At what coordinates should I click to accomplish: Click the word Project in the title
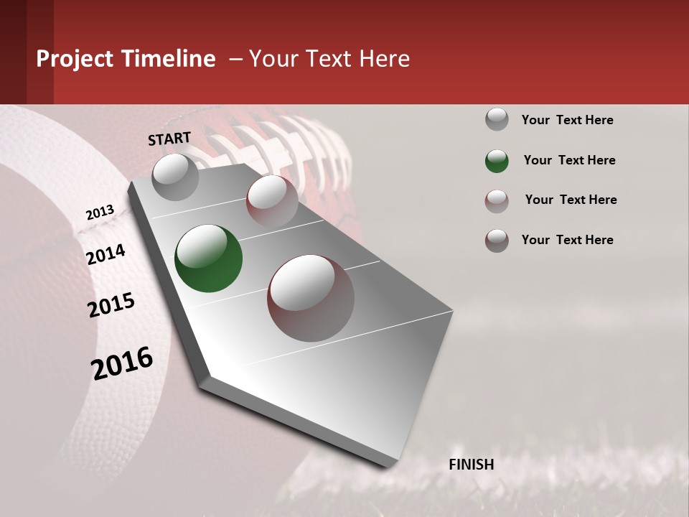(x=74, y=59)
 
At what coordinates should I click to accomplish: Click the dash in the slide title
(x=235, y=59)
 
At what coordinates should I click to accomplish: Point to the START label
(x=169, y=139)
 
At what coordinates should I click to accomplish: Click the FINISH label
(x=472, y=465)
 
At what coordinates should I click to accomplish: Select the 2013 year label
(x=100, y=213)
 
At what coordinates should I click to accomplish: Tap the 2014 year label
(x=106, y=254)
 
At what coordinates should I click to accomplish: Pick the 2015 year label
(x=111, y=305)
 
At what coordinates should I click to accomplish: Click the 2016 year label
(x=122, y=363)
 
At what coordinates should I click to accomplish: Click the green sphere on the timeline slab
(x=208, y=258)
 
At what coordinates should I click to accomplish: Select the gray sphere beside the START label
(x=175, y=176)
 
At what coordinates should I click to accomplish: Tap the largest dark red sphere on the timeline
(x=311, y=298)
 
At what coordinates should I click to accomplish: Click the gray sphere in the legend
(x=497, y=119)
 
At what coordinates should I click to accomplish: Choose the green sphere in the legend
(x=497, y=160)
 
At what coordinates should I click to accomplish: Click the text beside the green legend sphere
(x=569, y=160)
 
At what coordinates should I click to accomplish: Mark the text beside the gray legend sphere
(x=567, y=120)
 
